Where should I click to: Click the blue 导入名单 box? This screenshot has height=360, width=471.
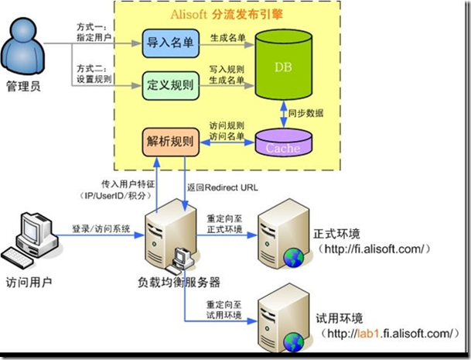[x=171, y=43]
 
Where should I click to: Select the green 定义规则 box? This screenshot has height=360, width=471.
[x=171, y=86]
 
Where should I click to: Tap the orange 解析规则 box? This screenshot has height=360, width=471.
[x=171, y=142]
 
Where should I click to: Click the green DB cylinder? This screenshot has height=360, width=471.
[x=283, y=64]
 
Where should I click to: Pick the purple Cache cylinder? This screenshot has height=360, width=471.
[x=283, y=142]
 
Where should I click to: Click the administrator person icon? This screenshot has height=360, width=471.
[x=23, y=46]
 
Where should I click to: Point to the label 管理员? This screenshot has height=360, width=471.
[x=23, y=87]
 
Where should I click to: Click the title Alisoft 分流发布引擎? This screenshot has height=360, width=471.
[x=227, y=14]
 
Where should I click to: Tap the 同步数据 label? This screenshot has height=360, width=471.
[x=305, y=113]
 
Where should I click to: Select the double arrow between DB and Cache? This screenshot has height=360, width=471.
[x=284, y=115]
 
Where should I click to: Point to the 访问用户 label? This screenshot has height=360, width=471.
[x=29, y=283]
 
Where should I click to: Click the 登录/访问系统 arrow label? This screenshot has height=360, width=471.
[x=101, y=229]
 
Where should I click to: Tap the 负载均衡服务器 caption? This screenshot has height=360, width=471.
[x=179, y=282]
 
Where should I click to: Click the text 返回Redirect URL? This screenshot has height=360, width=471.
[x=222, y=187]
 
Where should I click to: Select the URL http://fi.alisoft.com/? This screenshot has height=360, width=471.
[x=374, y=249]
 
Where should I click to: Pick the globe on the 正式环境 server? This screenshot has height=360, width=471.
[x=294, y=258]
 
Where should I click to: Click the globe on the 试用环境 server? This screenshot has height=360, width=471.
[x=294, y=342]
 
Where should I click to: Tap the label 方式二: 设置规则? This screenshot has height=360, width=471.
[x=94, y=74]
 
